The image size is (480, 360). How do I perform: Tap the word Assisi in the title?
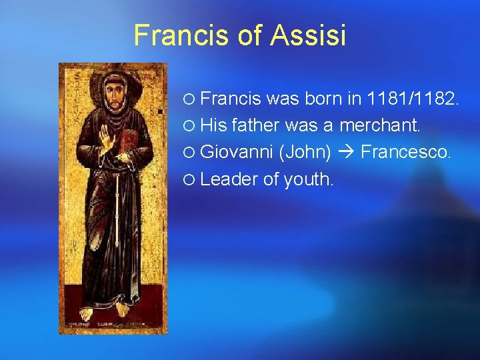click(309, 35)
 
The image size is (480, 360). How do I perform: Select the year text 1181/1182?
click(412, 100)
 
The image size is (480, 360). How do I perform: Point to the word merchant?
click(380, 126)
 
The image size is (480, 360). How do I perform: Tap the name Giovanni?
click(237, 152)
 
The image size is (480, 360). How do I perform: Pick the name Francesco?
click(406, 152)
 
